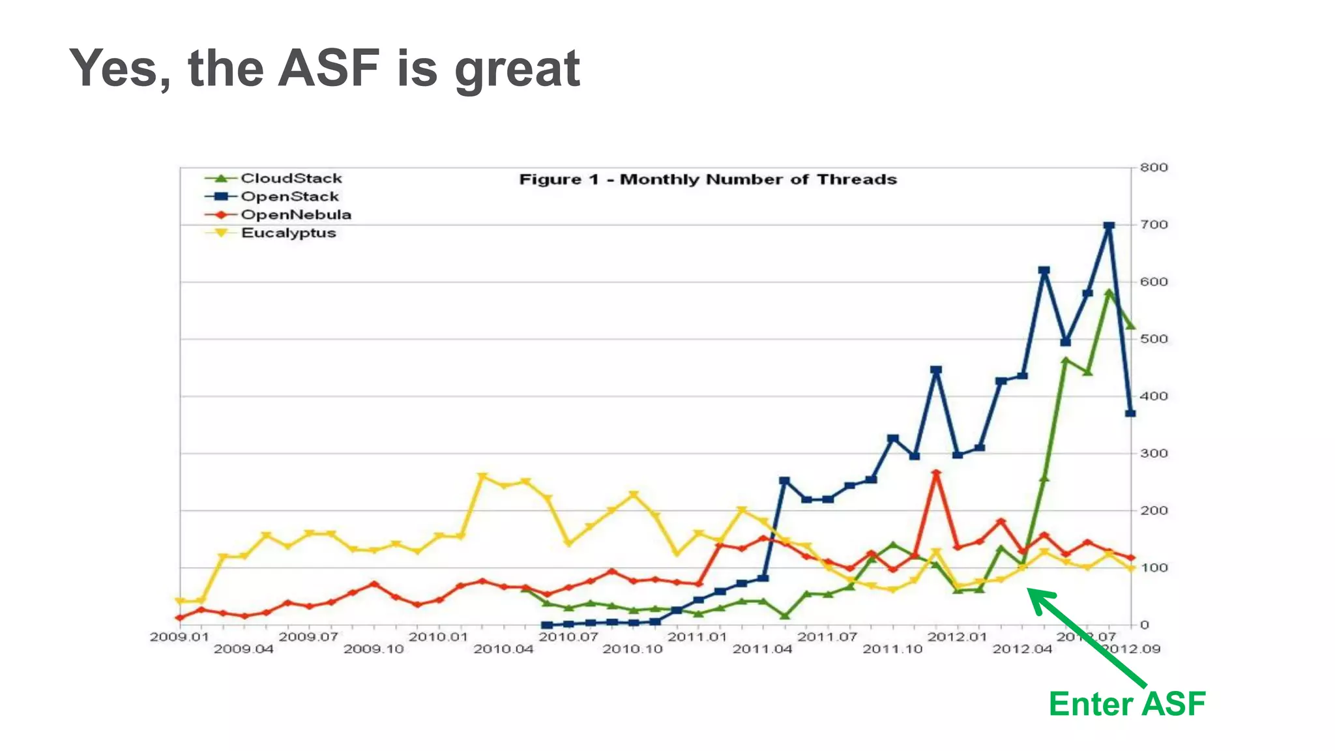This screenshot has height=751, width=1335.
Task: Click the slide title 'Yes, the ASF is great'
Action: [325, 68]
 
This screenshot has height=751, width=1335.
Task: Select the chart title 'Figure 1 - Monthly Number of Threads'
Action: [708, 179]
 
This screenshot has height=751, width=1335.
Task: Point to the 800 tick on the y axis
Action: [1153, 168]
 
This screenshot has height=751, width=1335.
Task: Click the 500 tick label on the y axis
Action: [1153, 339]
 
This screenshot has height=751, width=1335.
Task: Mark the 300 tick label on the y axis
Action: [1153, 453]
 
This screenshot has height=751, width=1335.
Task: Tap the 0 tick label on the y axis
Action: [1145, 625]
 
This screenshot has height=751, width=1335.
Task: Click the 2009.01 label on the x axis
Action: [179, 637]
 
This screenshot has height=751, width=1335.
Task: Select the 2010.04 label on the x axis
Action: [503, 649]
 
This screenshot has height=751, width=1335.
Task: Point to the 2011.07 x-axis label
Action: [827, 637]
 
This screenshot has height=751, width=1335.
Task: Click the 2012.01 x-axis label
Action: [957, 637]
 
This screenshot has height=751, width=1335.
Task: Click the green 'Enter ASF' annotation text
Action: [1127, 704]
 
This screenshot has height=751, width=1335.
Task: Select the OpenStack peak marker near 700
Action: [1109, 226]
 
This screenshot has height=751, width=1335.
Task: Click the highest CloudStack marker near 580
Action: [1109, 293]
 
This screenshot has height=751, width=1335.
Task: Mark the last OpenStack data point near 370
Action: [1130, 413]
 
